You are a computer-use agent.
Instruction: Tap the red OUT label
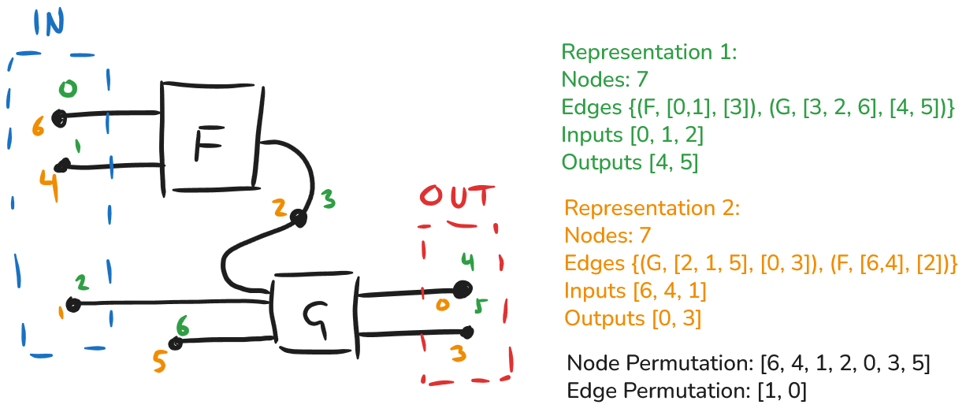(x=457, y=198)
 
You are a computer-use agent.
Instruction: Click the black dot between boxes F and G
(x=298, y=217)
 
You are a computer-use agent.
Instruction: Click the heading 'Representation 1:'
(x=648, y=53)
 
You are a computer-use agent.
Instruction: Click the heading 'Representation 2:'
(x=652, y=209)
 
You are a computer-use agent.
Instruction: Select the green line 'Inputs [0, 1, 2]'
(x=632, y=135)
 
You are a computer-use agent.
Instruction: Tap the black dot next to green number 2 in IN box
(x=73, y=304)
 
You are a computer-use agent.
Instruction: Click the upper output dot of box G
(x=463, y=289)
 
